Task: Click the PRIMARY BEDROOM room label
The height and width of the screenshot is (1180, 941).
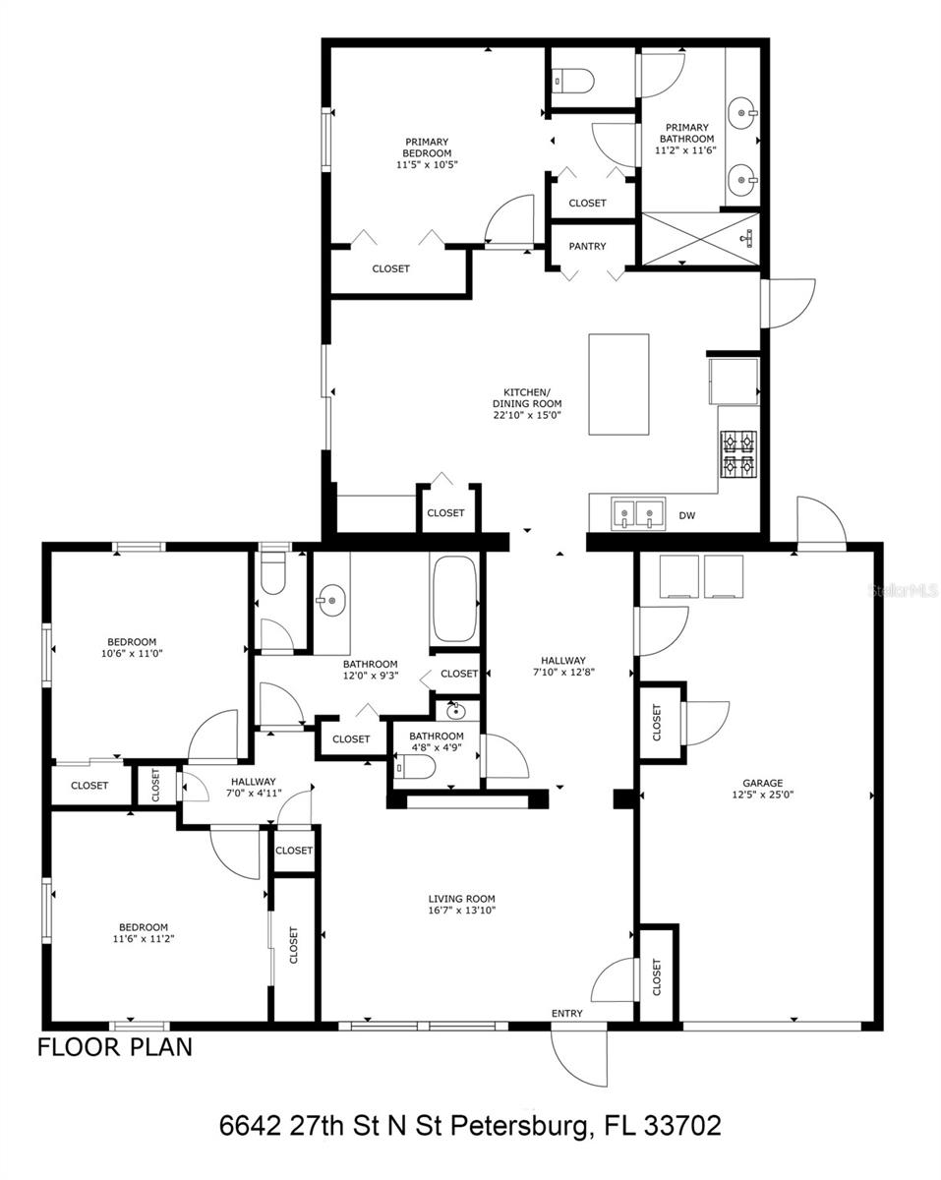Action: (x=427, y=147)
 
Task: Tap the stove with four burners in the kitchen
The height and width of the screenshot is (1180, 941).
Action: (x=738, y=454)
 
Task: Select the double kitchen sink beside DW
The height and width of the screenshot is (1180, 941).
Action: (x=635, y=513)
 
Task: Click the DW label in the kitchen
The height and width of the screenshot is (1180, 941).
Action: (x=686, y=514)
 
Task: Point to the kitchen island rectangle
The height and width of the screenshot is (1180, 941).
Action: (x=618, y=384)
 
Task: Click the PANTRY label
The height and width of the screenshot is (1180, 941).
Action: (x=587, y=247)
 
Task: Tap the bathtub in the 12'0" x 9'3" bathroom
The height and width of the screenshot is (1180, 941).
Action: (x=452, y=599)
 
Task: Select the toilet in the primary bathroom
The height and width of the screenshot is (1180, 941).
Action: (x=572, y=79)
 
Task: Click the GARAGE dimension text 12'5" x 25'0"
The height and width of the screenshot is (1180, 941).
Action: (x=762, y=795)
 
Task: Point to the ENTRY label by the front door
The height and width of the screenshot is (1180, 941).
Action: (x=566, y=1014)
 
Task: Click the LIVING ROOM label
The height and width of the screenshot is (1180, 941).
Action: (x=461, y=899)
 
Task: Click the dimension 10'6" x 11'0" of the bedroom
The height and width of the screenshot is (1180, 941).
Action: (x=132, y=653)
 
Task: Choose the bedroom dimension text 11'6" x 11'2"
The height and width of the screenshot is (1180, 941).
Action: (x=144, y=939)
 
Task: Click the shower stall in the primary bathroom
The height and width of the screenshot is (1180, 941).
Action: (x=700, y=238)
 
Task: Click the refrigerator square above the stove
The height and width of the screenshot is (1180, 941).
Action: (x=733, y=381)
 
